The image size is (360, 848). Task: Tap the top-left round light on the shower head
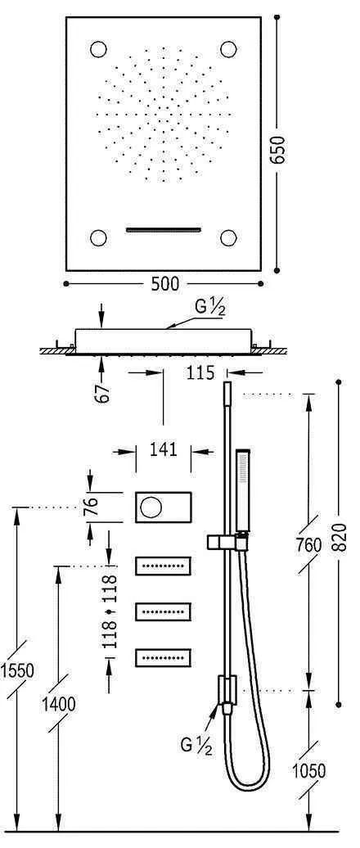pos(100,48)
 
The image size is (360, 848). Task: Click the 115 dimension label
pos(198,373)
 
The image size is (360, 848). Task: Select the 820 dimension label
pos(341,540)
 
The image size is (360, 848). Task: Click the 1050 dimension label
pos(308,770)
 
